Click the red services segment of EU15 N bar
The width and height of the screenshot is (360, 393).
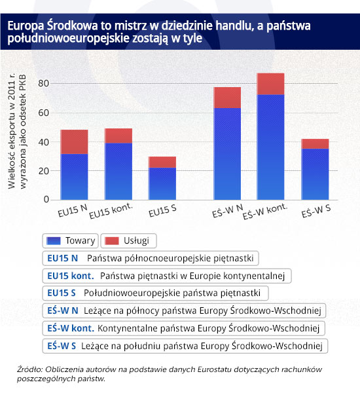point(74,142)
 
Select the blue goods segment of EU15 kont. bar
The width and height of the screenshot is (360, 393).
point(118,172)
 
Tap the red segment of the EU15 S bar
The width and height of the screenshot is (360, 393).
point(162,162)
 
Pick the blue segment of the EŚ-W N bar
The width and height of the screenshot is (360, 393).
point(227,154)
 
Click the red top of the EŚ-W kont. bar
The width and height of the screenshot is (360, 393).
point(270,84)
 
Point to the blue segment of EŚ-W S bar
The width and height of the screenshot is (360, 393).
point(315,174)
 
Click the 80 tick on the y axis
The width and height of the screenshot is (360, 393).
point(43,83)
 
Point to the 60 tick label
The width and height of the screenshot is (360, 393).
point(43,113)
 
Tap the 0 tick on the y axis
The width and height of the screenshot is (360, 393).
point(46,200)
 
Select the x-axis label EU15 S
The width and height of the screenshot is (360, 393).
point(162,211)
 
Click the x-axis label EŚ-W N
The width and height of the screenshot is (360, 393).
point(228,211)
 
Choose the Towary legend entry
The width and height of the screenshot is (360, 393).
point(71,240)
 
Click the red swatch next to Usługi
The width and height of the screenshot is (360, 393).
point(112,240)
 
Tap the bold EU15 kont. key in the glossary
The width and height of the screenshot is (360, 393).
point(71,276)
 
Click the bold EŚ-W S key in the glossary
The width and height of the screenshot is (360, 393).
point(62,346)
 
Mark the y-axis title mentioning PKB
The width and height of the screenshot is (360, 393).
point(17,132)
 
